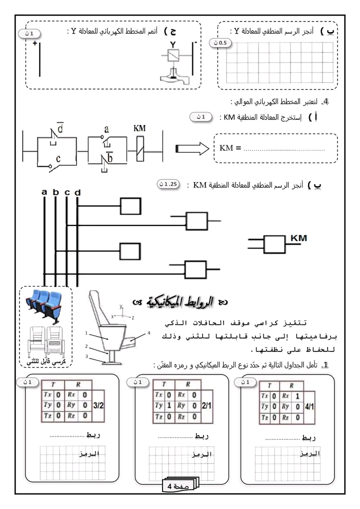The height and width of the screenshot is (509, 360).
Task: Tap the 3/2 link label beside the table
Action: point(98,406)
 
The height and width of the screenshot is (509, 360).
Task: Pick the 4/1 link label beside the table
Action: point(311,406)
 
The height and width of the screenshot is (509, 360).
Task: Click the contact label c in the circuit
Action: point(58,159)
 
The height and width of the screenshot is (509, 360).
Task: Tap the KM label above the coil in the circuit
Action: point(140,128)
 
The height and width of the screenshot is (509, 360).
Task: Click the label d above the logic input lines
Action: point(77,192)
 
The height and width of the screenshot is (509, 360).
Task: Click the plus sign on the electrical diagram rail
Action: point(35,44)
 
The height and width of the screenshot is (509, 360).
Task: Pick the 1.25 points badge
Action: point(167,183)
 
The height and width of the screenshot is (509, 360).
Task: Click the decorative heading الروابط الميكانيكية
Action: point(180,301)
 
